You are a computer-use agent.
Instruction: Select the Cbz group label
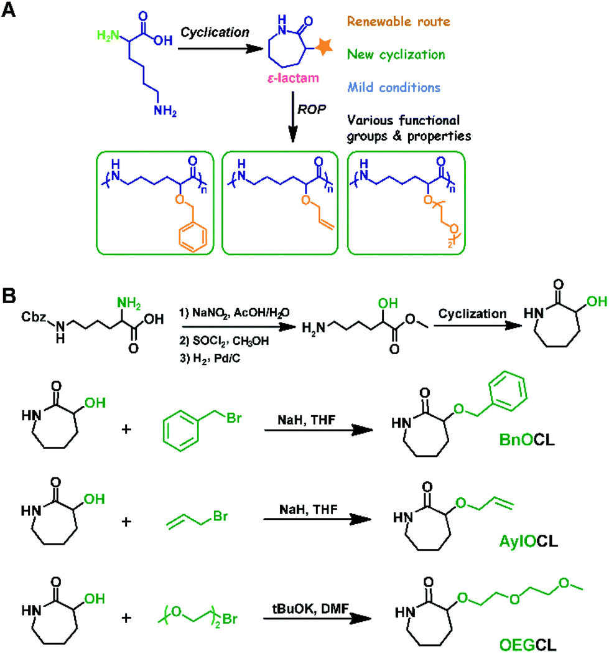[x=34, y=306]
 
